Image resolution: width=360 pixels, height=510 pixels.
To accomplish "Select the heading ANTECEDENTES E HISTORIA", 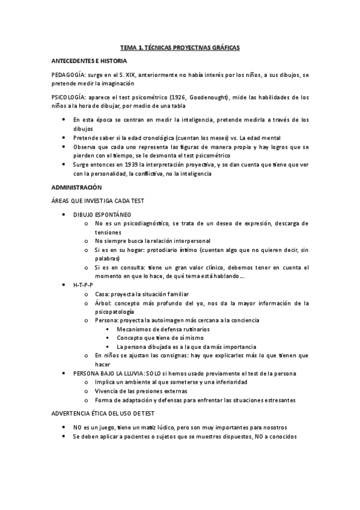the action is [89, 61].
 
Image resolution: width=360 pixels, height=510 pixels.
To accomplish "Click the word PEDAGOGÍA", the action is [69, 75].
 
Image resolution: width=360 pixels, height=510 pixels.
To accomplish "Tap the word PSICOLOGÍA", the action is [69, 96].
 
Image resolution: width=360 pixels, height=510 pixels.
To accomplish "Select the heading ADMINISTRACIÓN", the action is [77, 187].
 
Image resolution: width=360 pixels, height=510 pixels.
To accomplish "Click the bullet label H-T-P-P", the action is [84, 284].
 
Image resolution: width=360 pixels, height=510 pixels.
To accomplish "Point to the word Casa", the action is [102, 294].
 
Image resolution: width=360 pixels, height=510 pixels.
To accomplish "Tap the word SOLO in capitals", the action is [157, 373].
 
